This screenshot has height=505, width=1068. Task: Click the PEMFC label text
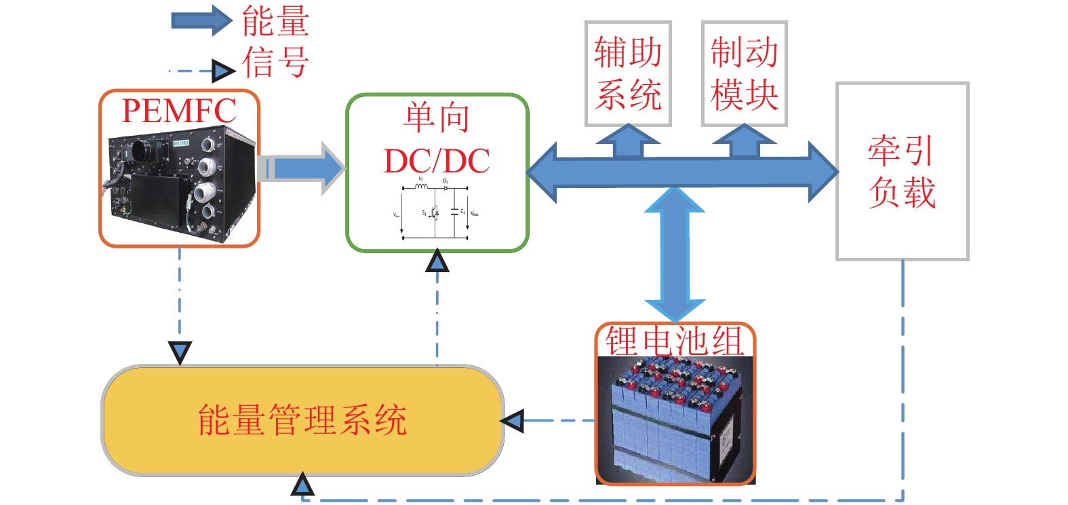(179, 111)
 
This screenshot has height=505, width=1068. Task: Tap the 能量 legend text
(275, 21)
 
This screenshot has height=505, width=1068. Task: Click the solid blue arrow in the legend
(202, 20)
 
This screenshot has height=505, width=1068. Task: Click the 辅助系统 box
(628, 73)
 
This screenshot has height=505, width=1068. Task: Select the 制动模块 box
(744, 73)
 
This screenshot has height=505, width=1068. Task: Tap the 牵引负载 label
(902, 171)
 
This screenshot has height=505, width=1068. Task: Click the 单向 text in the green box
(437, 117)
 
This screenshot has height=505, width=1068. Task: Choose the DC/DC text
(437, 161)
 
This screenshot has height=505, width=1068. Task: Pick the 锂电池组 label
(675, 340)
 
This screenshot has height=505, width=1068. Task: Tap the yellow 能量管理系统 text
(302, 419)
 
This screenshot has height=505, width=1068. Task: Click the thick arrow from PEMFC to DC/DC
(302, 168)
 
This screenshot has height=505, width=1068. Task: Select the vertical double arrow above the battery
(675, 255)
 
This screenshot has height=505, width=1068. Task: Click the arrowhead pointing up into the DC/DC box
(437, 261)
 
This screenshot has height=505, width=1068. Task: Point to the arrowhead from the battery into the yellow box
(513, 421)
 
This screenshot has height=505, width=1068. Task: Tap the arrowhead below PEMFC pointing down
(180, 352)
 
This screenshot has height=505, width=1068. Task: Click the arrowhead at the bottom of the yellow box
(302, 485)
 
